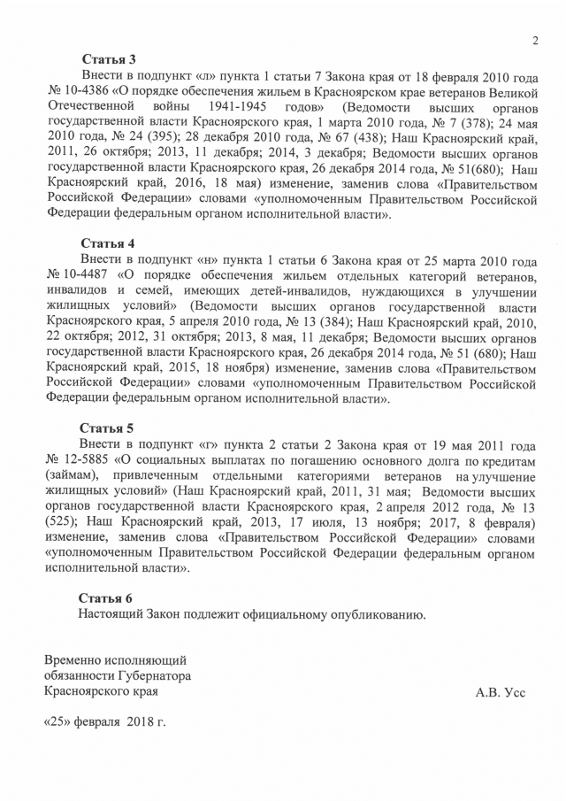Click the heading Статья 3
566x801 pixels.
[x=107, y=60]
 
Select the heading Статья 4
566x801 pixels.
[x=107, y=243]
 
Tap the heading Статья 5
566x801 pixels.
[x=107, y=427]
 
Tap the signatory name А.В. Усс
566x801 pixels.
[x=501, y=692]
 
